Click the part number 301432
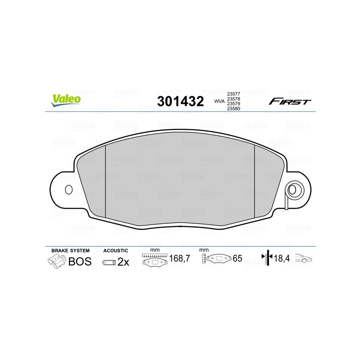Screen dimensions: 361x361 pyautogui.click(x=180, y=101)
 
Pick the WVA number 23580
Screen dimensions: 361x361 pyautogui.click(x=233, y=109)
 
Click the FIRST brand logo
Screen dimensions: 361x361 pyautogui.click(x=290, y=102)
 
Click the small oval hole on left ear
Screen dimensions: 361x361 pyautogui.click(x=69, y=190)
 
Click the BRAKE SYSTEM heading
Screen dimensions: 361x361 pyautogui.click(x=70, y=250)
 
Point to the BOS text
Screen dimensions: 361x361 pyautogui.click(x=80, y=261)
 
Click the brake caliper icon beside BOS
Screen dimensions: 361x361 pyautogui.click(x=56, y=261)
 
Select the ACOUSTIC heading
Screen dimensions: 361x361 pyautogui.click(x=116, y=250)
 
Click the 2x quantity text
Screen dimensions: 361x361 pyautogui.click(x=123, y=262)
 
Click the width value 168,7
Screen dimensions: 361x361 pyautogui.click(x=179, y=259)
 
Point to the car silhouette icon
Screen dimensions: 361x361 pyautogui.click(x=304, y=259)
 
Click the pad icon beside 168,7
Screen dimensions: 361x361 pyautogui.click(x=155, y=260)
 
